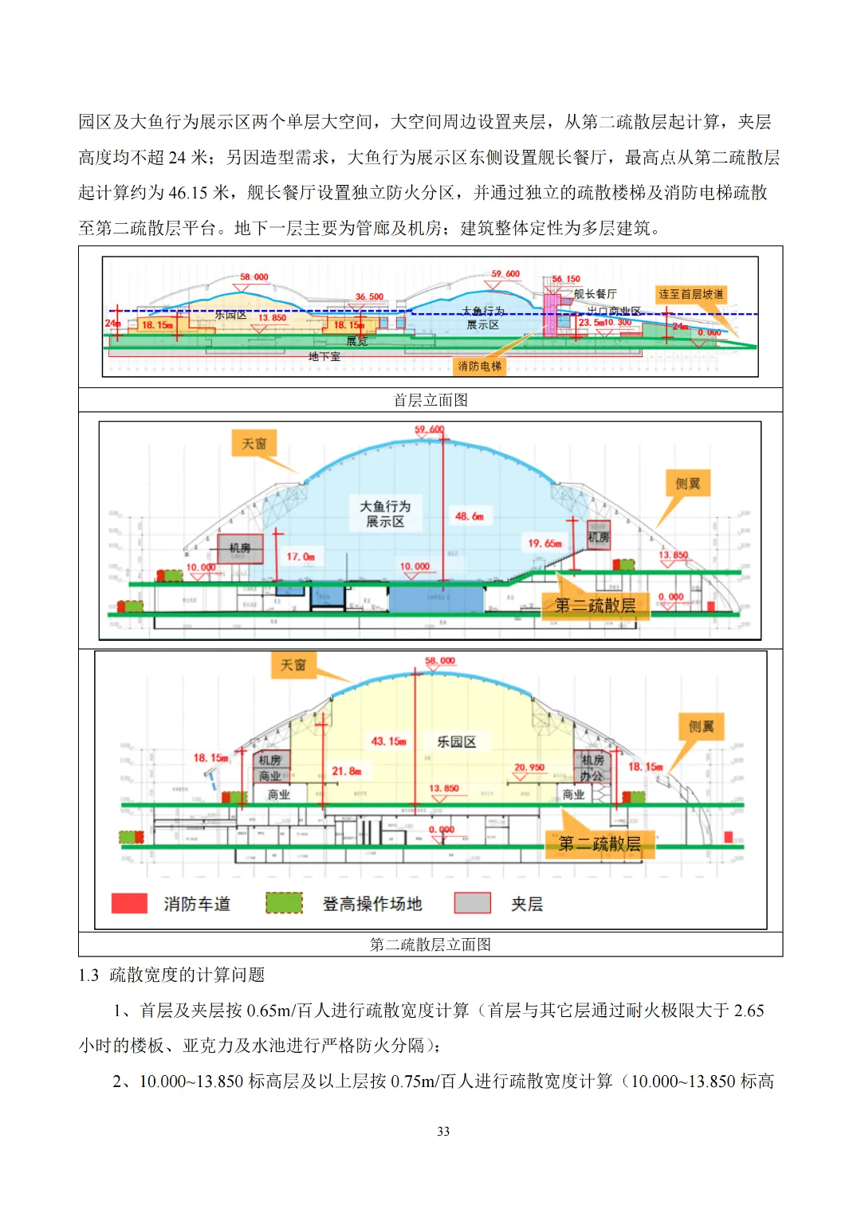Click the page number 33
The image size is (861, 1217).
tap(443, 1131)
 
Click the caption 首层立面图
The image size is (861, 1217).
tap(431, 400)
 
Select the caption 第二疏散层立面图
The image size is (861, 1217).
tap(431, 944)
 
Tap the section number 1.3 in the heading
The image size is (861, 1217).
tap(88, 975)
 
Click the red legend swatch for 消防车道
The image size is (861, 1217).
tap(129, 903)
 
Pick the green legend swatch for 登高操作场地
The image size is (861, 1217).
tap(284, 903)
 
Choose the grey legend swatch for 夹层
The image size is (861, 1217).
tap(472, 903)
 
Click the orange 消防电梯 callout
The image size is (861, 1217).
tap(480, 366)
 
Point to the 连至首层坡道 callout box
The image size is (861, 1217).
tap(691, 294)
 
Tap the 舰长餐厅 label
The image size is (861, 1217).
tap(595, 294)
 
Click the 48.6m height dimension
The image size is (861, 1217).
tap(469, 516)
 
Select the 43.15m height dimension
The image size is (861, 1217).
tap(388, 741)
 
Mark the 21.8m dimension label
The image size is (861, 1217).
tap(347, 771)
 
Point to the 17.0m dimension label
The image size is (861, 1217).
tap(301, 556)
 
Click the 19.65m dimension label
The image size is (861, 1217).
tap(545, 543)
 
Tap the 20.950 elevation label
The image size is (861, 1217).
tap(529, 767)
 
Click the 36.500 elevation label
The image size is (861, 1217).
tap(369, 296)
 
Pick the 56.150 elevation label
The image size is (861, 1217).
tap(566, 279)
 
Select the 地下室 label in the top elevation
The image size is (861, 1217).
tap(324, 356)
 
